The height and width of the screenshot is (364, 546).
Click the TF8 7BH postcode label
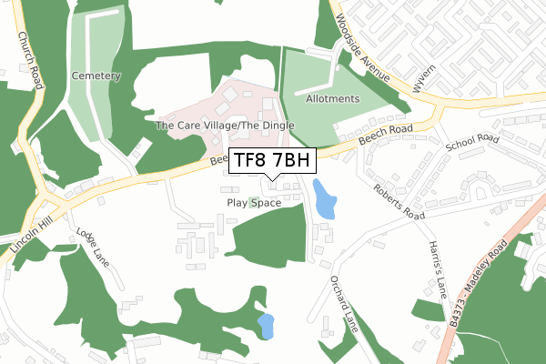tap(272, 161)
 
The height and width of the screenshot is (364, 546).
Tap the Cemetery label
tap(96, 76)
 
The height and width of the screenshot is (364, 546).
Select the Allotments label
tap(333, 98)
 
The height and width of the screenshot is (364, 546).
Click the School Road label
tap(473, 145)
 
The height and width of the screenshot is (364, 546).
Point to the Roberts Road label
tap(401, 200)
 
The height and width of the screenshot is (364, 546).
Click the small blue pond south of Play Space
tap(265, 326)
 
